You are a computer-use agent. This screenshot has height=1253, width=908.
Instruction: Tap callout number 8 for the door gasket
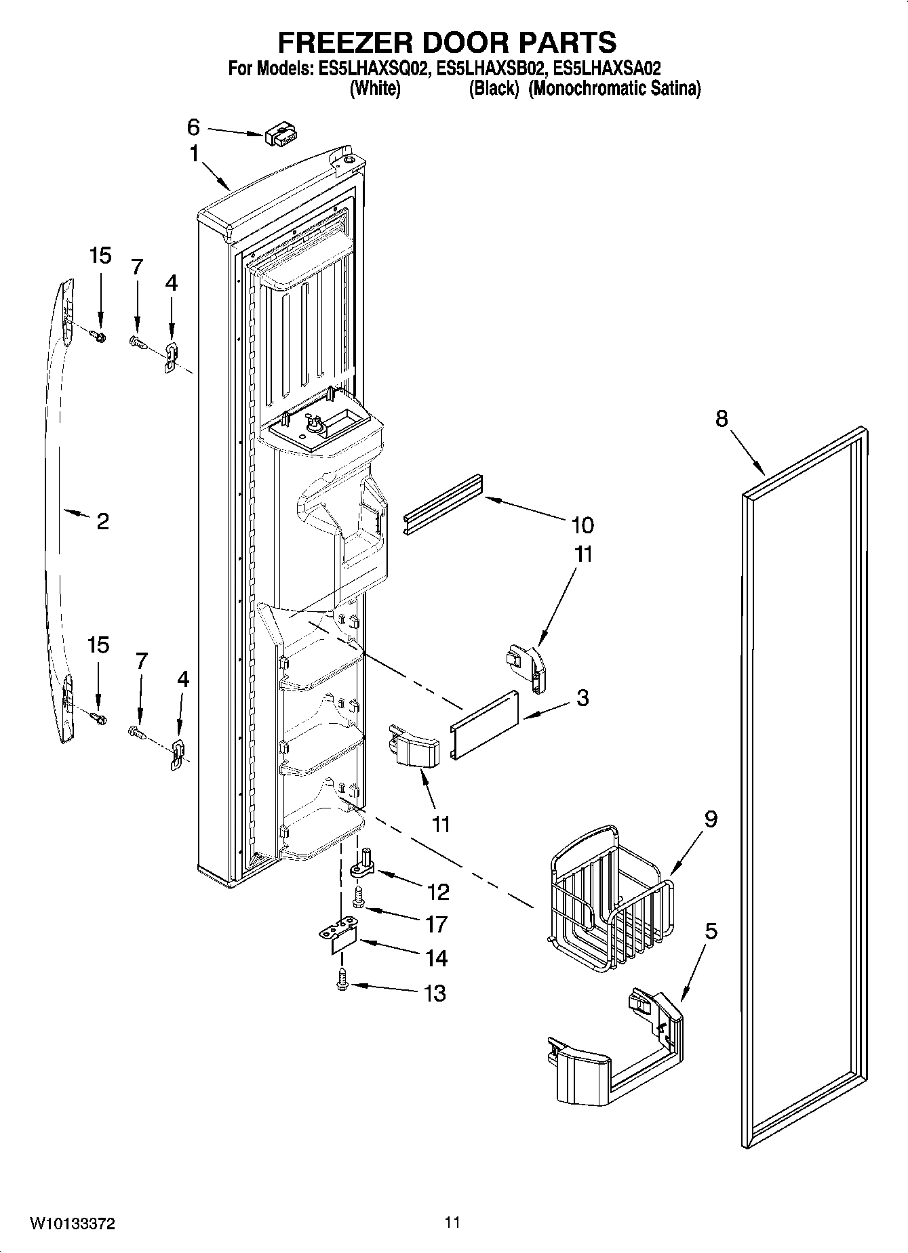pyautogui.click(x=721, y=419)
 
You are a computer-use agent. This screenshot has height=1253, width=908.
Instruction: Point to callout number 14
pyautogui.click(x=437, y=958)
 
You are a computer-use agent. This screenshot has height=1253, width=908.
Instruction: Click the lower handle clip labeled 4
pyautogui.click(x=177, y=754)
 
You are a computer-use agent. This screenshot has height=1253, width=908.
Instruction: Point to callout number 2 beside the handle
pyautogui.click(x=102, y=521)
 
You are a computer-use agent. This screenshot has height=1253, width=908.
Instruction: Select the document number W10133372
pyautogui.click(x=72, y=1223)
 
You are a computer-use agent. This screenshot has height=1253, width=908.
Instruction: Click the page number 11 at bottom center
pyautogui.click(x=452, y=1223)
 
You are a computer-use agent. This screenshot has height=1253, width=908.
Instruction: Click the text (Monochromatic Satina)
pyautogui.click(x=614, y=88)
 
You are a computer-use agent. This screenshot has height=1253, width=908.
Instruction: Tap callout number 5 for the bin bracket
pyautogui.click(x=710, y=931)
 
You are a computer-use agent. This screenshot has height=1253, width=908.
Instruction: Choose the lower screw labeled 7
pyautogui.click(x=136, y=732)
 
